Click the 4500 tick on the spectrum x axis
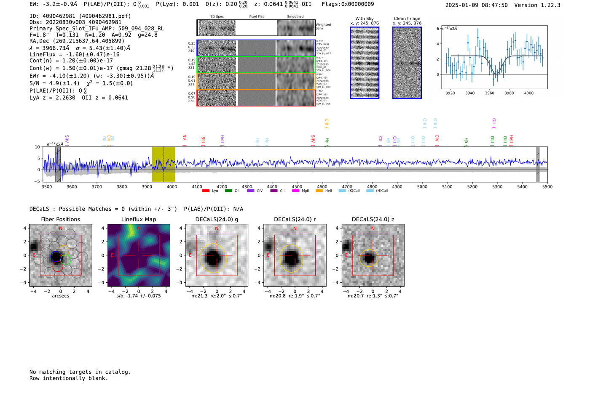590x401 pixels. coord(297,187)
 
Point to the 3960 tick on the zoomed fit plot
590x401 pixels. coord(489,93)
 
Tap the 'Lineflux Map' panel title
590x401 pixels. coord(138,219)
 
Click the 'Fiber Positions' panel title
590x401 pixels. coord(60,219)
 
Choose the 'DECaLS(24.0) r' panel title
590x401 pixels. coord(295,219)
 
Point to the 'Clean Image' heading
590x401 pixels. coord(407,19)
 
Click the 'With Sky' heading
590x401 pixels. coord(364,19)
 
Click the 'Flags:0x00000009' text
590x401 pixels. coord(348,4)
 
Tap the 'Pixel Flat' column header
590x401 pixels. coord(256,17)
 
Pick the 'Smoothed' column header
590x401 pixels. coord(295,17)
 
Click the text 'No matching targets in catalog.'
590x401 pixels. coord(80,372)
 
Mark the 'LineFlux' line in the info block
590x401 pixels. coord(75,54)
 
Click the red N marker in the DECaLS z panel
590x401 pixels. coord(373,229)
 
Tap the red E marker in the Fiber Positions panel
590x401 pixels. coord(34,255)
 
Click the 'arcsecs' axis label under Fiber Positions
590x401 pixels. coord(60,296)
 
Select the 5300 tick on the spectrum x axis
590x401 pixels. coord(497,187)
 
